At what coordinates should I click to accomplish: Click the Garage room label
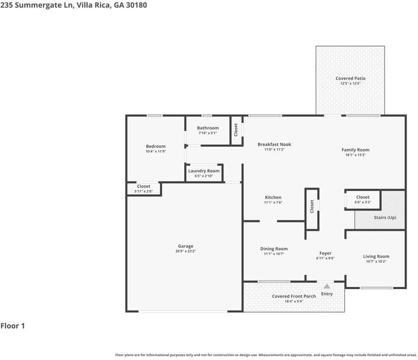185,246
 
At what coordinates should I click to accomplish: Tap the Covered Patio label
350,79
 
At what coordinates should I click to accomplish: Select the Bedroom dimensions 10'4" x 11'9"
156,151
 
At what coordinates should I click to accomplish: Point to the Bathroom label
208,128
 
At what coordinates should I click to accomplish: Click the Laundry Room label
204,171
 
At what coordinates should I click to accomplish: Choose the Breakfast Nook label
274,145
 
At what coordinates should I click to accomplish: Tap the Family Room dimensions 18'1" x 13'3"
355,155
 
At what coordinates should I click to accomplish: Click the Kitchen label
273,197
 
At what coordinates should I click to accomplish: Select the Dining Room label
274,249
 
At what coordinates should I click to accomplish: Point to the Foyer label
325,253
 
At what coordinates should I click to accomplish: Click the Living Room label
376,256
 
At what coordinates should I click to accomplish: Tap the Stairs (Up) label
385,218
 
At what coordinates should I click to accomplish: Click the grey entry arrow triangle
327,286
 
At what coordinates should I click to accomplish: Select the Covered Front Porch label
294,296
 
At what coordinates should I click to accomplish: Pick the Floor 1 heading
13,326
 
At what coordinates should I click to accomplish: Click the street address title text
74,5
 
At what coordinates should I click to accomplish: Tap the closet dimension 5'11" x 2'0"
144,191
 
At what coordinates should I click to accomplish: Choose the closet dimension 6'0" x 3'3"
362,202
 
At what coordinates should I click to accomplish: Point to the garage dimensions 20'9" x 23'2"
185,251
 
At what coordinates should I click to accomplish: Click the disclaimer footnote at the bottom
266,355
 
